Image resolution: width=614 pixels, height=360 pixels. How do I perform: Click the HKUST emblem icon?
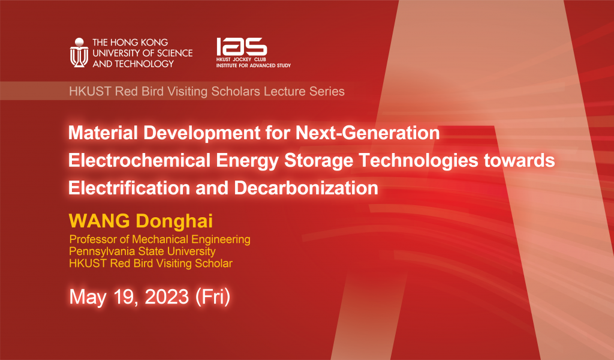(x=79, y=53)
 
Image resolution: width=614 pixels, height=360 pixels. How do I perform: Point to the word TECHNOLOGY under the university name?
(x=144, y=64)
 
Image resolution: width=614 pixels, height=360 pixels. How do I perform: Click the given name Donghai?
(x=174, y=220)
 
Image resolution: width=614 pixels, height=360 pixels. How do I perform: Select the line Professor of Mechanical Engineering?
(x=159, y=239)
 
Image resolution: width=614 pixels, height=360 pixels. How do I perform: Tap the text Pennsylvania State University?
(x=142, y=251)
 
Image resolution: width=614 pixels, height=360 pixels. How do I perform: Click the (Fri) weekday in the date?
(x=213, y=297)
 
